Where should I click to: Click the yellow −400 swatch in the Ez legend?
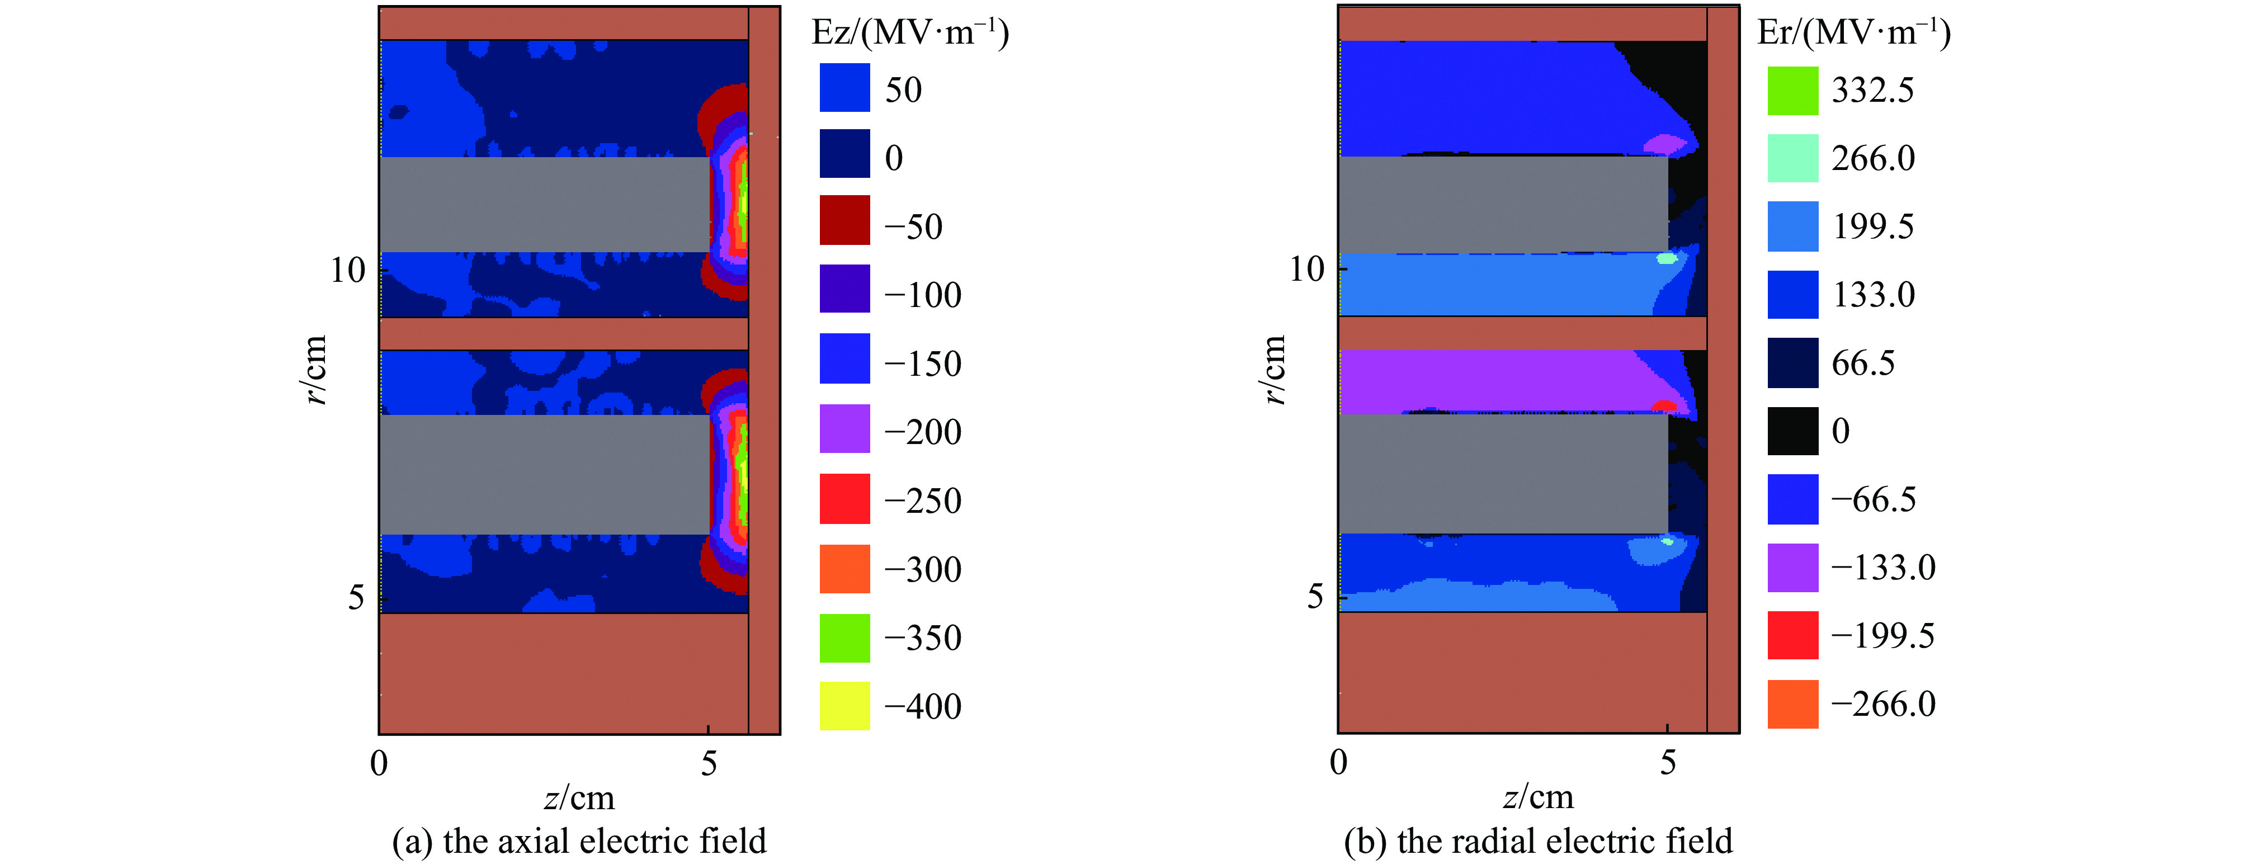pyautogui.click(x=844, y=705)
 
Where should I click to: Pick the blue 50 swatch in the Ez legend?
pyautogui.click(x=844, y=87)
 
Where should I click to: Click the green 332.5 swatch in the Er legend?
pyautogui.click(x=1792, y=91)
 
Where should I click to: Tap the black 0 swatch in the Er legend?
pyautogui.click(x=1792, y=431)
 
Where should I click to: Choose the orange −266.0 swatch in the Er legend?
pyautogui.click(x=1792, y=704)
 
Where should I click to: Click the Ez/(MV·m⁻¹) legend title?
pyautogui.click(x=909, y=33)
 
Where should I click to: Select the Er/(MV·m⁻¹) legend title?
pyautogui.click(x=1853, y=33)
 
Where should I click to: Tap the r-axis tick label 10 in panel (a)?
pyautogui.click(x=347, y=270)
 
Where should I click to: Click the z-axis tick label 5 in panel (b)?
pyautogui.click(x=1667, y=763)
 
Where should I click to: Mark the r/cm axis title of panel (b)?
pyautogui.click(x=1274, y=370)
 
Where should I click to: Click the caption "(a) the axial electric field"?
pyautogui.click(x=579, y=841)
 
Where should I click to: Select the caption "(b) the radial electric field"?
pyautogui.click(x=1538, y=841)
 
